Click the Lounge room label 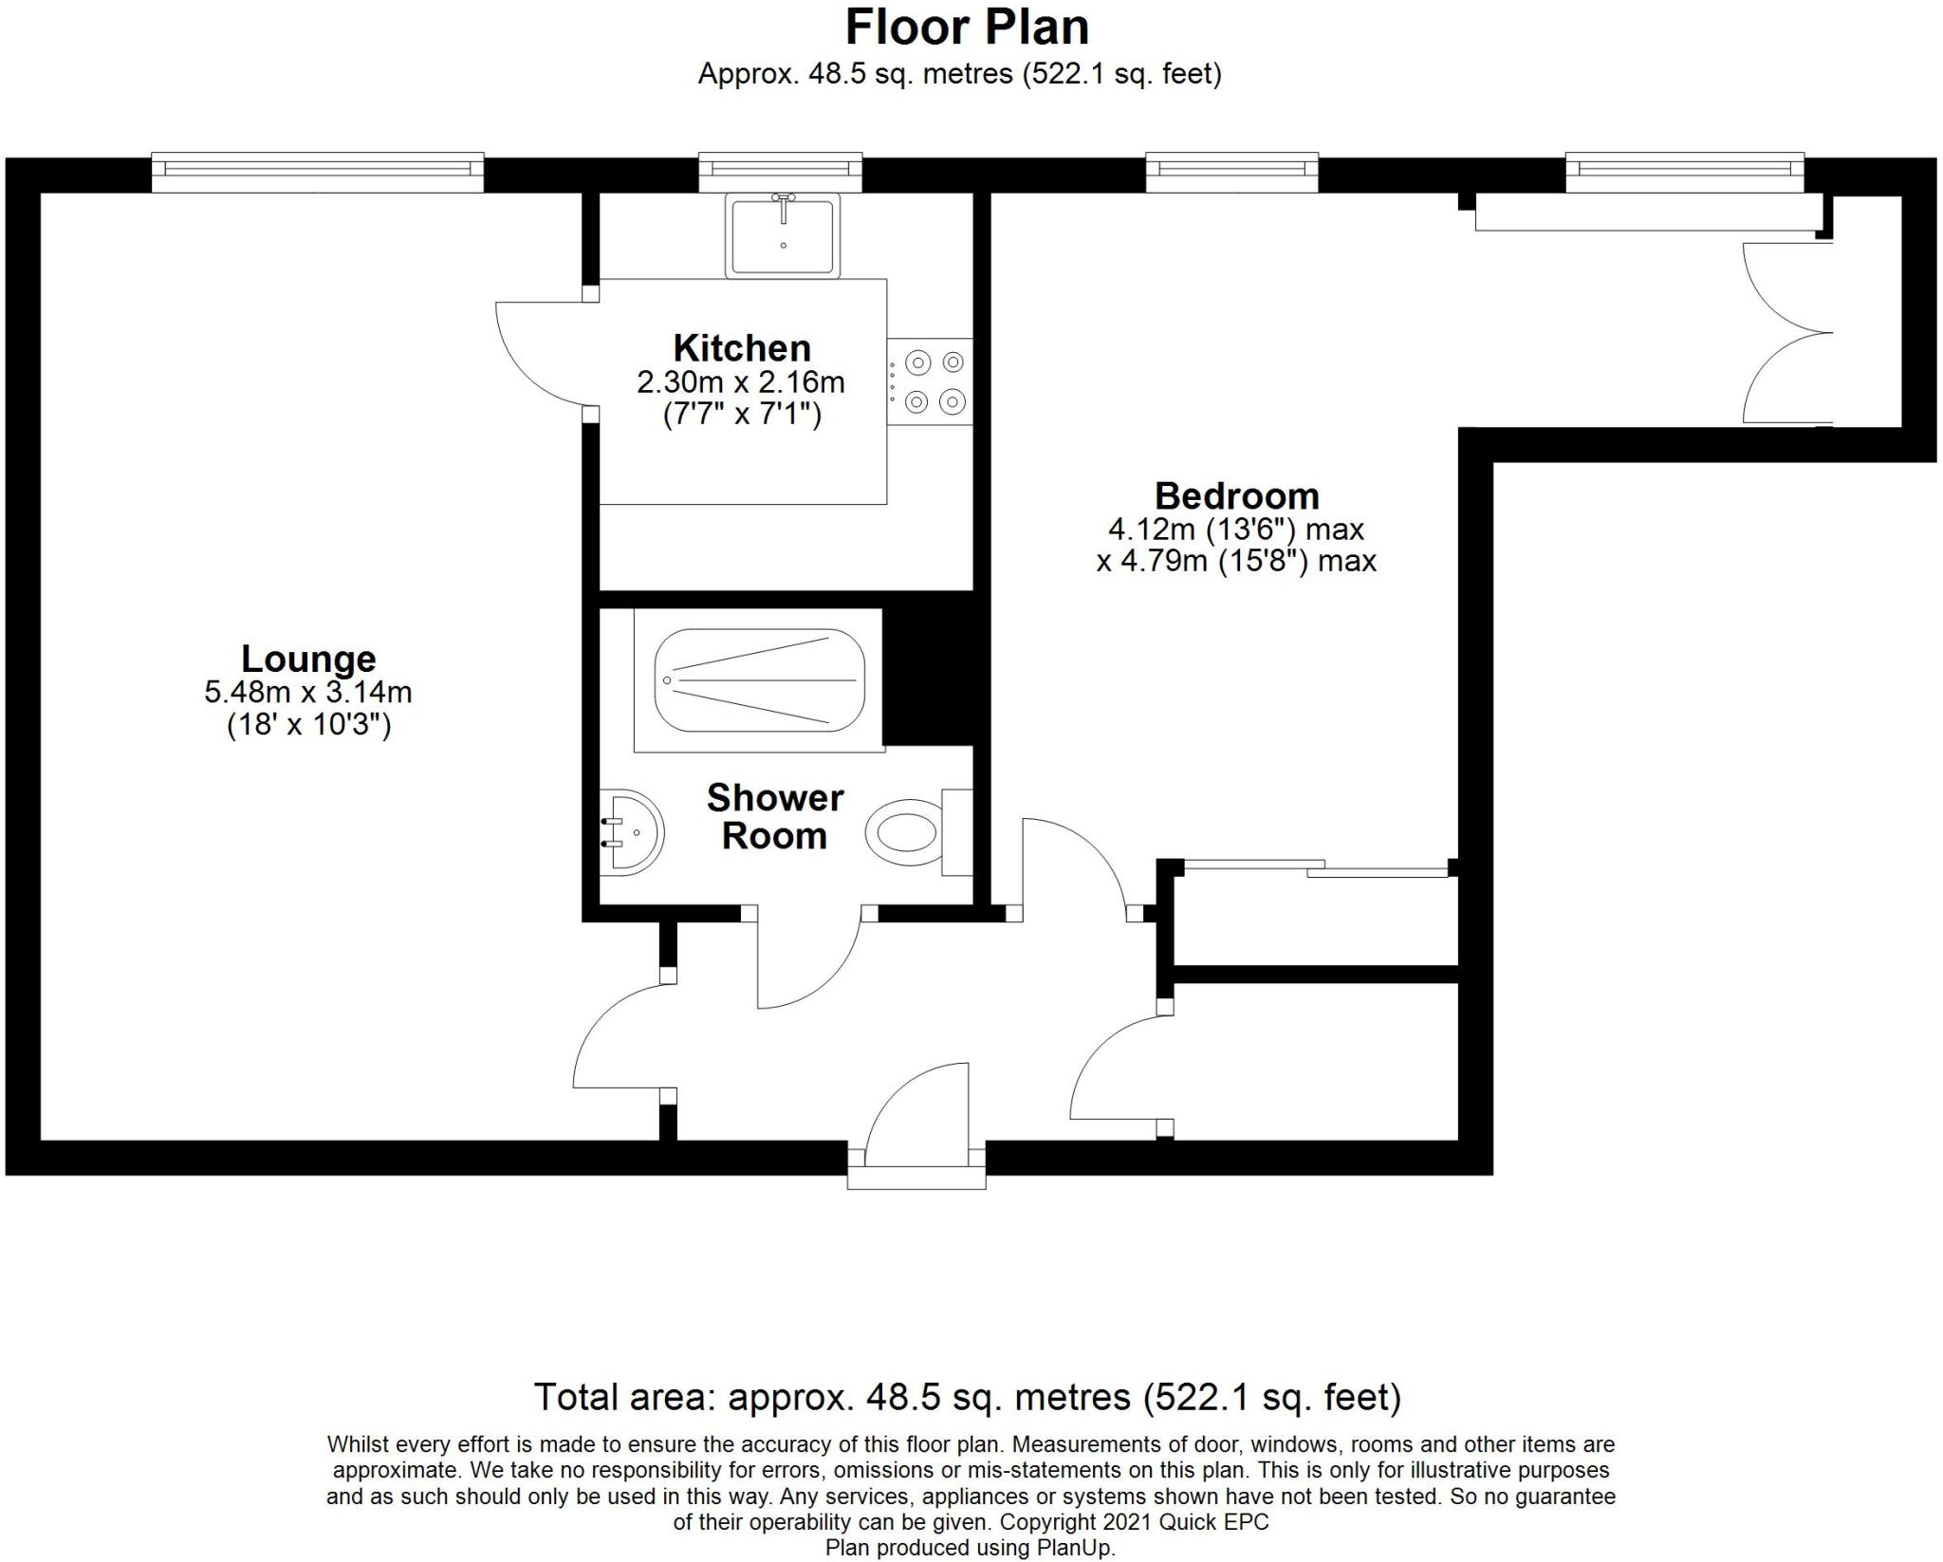pos(308,659)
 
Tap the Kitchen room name pos(742,348)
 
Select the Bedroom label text pos(1237,496)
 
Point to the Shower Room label pos(775,816)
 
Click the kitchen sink pos(784,235)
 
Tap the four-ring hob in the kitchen pos(931,381)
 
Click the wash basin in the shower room pos(632,832)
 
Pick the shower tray pos(759,680)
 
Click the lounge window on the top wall pos(318,172)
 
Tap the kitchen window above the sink pos(781,172)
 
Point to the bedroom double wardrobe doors pos(1787,332)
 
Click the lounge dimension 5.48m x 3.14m pos(308,692)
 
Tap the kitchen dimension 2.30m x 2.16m pos(741,382)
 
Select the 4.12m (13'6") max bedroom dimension pos(1236,529)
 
